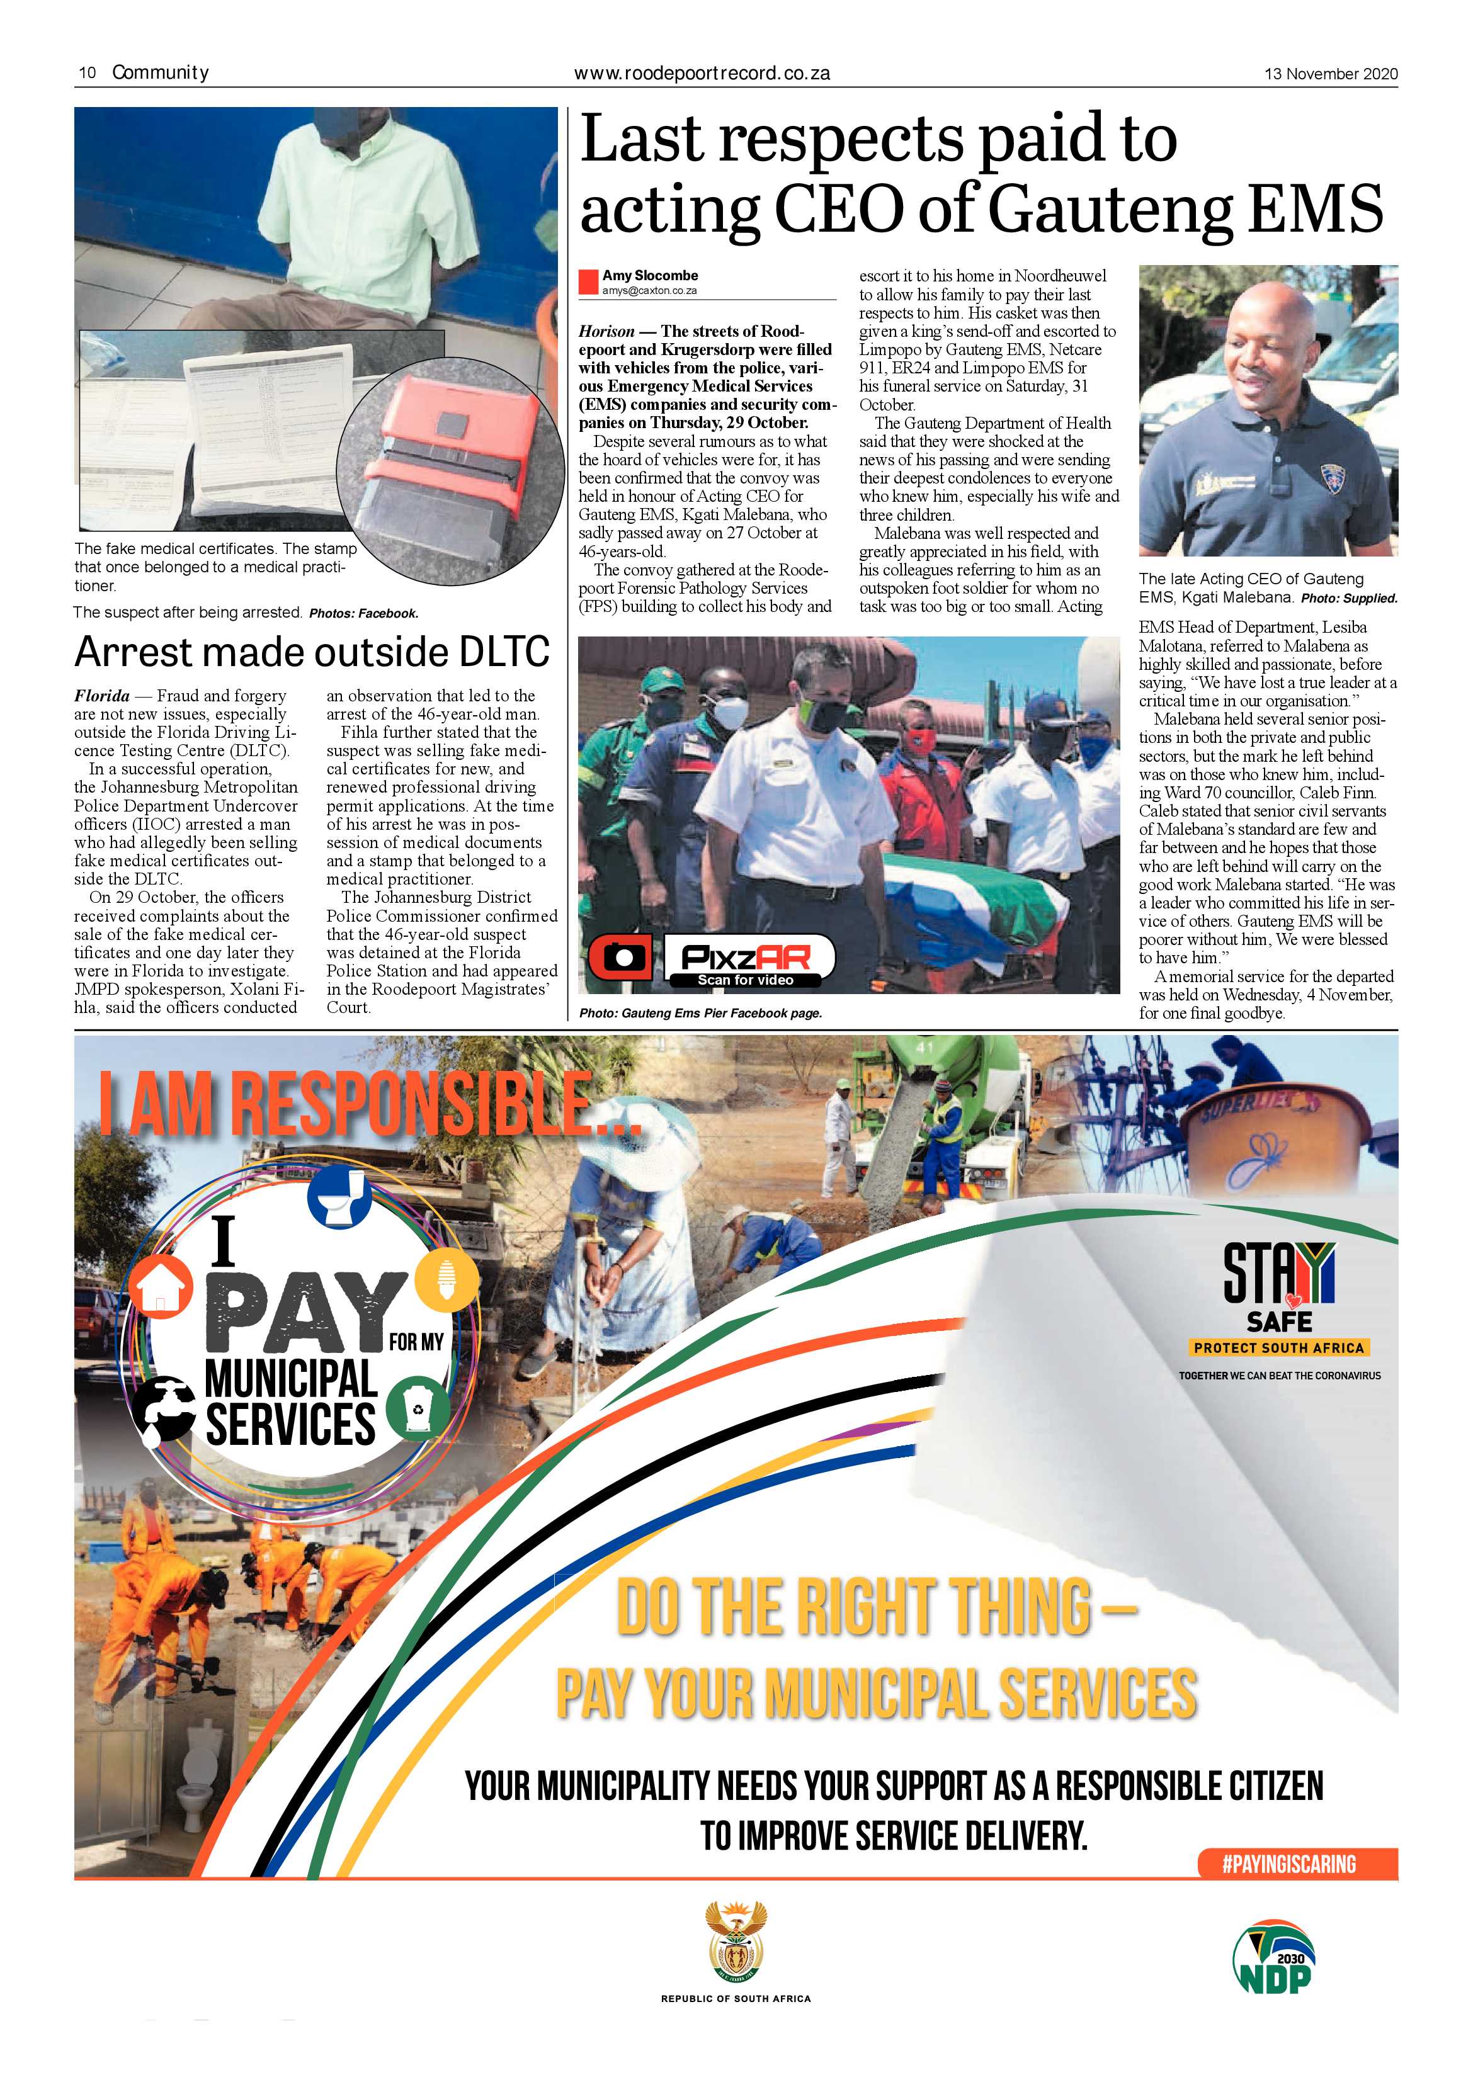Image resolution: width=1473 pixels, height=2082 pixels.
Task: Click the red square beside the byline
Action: pyautogui.click(x=589, y=282)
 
